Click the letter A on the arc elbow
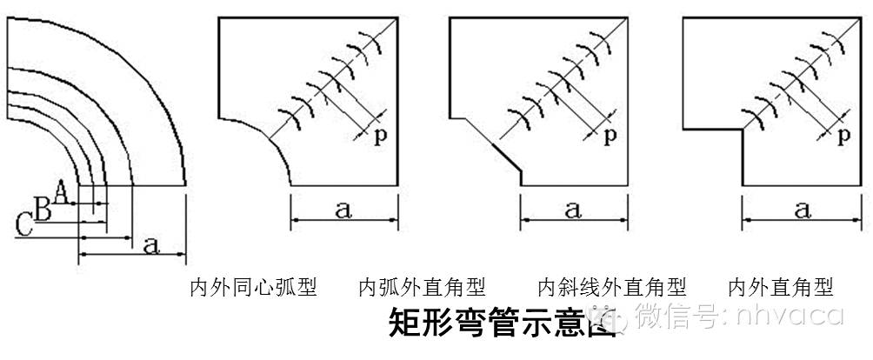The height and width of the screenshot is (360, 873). point(60,189)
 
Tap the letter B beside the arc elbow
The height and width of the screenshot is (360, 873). point(42,208)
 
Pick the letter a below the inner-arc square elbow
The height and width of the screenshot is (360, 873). point(343,210)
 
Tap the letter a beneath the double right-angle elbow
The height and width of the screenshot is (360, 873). point(802,210)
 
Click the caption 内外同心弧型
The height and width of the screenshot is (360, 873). point(253,287)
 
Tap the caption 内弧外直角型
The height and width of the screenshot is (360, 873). point(422,287)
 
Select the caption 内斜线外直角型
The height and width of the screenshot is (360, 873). point(612,287)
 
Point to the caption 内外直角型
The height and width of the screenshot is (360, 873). point(780,287)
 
